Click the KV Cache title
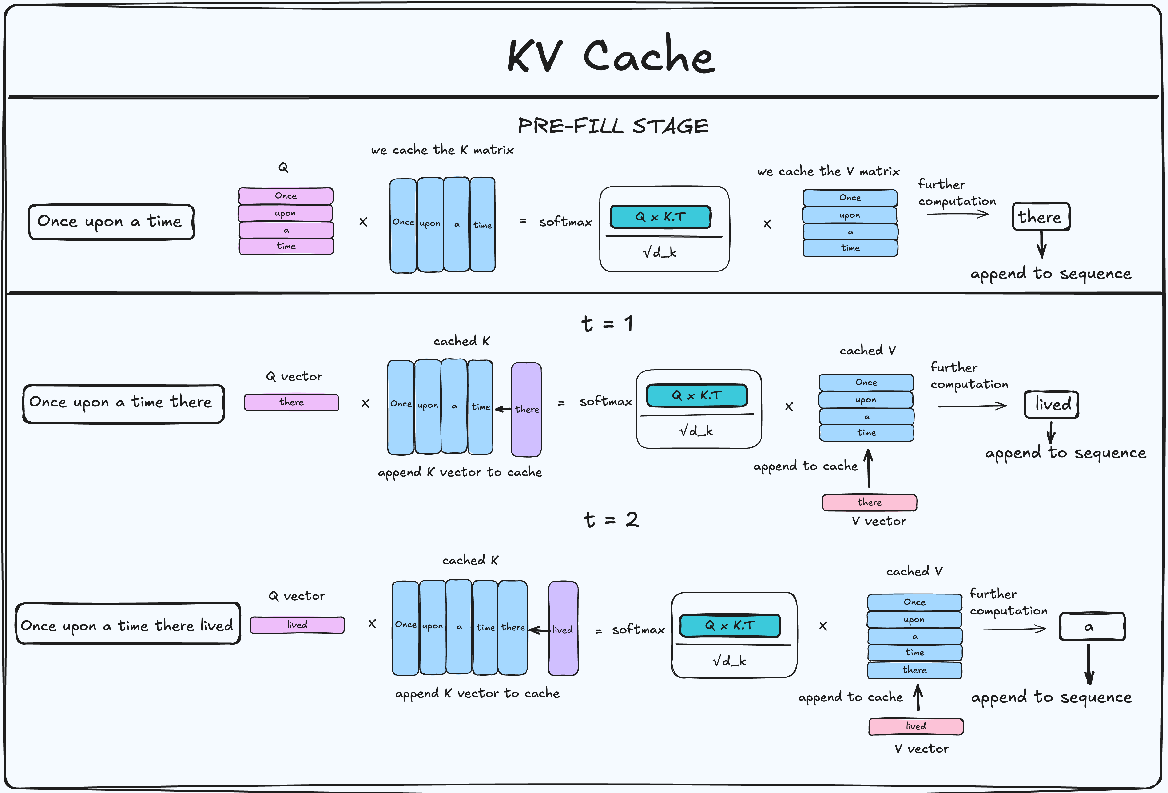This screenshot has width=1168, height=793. tap(611, 55)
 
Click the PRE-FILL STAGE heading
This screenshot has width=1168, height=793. tap(613, 126)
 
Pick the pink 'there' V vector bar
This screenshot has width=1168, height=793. tap(870, 502)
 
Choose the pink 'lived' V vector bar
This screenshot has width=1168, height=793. tap(916, 726)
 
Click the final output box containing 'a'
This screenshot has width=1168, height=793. tap(1092, 627)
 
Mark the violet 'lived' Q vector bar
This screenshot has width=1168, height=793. tap(297, 625)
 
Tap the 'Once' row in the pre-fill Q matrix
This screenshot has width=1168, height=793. tap(286, 195)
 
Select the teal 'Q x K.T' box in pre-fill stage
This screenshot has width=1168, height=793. tap(660, 217)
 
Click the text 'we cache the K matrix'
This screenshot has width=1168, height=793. tap(442, 150)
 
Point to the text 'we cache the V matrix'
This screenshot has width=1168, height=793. tap(828, 171)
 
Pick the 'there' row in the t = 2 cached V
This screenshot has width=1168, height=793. tap(914, 670)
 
